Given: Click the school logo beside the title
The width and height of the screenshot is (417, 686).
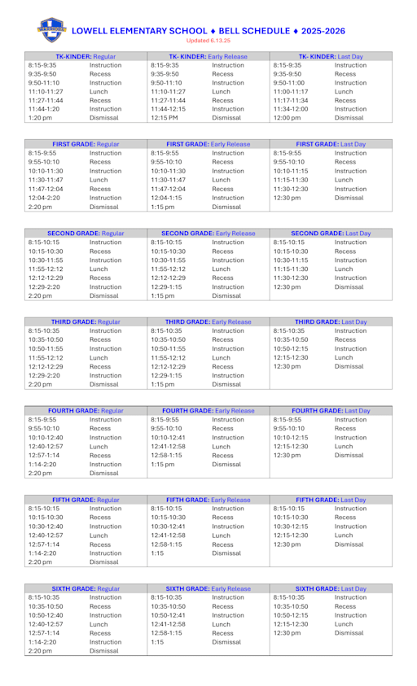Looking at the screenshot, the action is point(50,31).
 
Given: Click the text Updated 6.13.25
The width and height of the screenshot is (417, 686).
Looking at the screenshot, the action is point(208,40).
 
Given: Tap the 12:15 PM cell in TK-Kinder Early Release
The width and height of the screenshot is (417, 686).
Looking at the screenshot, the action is point(164,119).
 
